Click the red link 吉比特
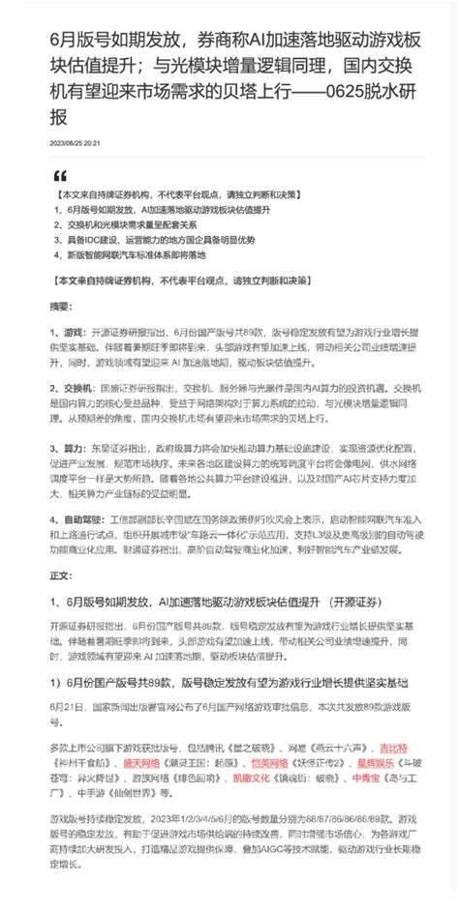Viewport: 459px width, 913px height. point(391,748)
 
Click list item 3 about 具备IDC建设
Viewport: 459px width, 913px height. point(155,240)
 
